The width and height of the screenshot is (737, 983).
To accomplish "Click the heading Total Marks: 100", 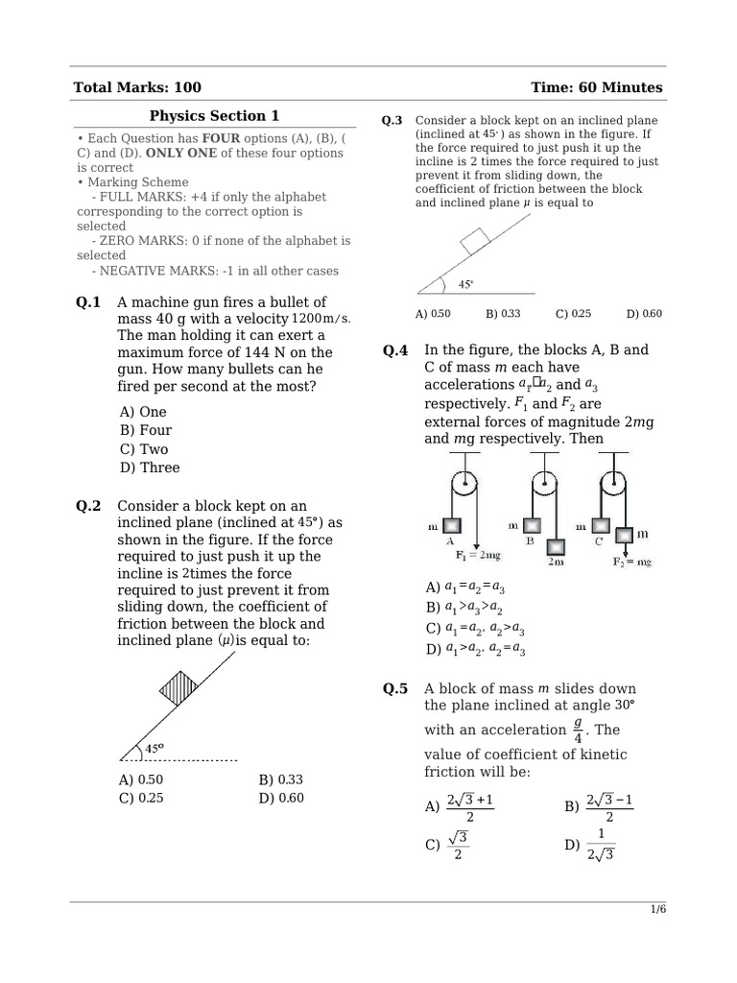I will tap(137, 87).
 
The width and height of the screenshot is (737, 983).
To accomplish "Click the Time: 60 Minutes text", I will tap(596, 87).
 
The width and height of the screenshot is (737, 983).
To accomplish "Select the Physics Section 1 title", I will tap(214, 116).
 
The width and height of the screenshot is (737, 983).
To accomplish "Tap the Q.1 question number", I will tap(88, 302).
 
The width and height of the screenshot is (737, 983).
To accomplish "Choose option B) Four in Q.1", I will tap(146, 430).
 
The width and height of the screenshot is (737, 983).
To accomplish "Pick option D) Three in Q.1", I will tap(150, 468).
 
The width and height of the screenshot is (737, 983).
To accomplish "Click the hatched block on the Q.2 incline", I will tap(178, 688).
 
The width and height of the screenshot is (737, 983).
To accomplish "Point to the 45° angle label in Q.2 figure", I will tap(154, 748).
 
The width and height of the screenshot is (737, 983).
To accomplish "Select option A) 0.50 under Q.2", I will tap(141, 779).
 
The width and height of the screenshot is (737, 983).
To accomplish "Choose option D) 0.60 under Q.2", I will tap(280, 798).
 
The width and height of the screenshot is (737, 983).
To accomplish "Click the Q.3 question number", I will tap(392, 121).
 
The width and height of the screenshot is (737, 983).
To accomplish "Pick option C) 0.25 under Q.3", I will tap(573, 314).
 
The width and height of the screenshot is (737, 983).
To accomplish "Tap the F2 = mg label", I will tap(631, 562).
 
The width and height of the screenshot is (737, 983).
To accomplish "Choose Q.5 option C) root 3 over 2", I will tap(445, 846).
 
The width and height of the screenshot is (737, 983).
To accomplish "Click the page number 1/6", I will tap(657, 911).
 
